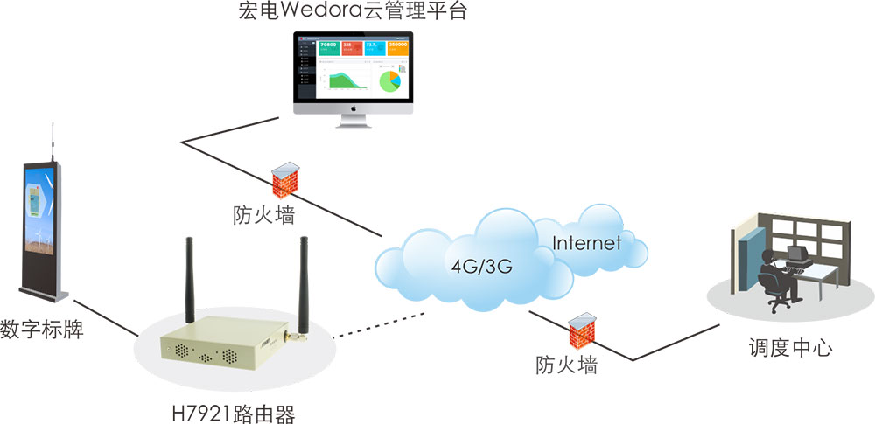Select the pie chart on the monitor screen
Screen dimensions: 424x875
390,80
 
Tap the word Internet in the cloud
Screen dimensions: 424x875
586,242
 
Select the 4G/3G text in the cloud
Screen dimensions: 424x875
480,264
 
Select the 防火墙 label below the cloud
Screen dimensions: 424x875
566,365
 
